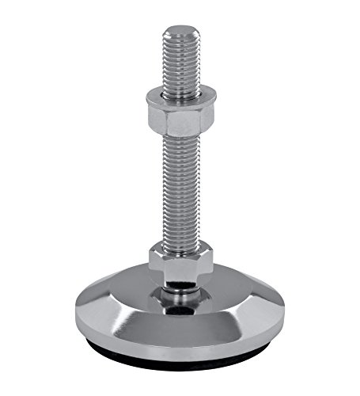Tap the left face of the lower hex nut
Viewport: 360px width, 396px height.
(x=157, y=266)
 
